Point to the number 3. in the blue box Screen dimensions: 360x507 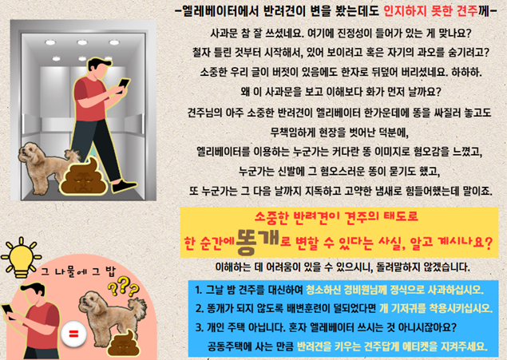(199, 327)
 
